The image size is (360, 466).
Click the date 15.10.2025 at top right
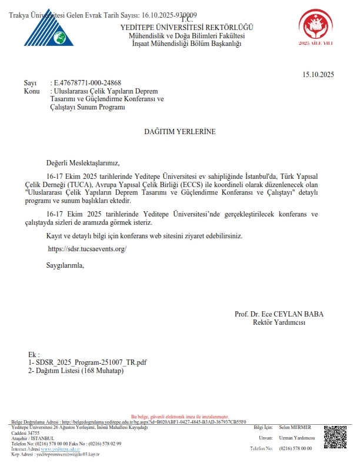pos(318,75)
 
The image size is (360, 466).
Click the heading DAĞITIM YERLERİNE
pos(180,131)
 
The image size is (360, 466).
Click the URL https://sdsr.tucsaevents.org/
pos(87,249)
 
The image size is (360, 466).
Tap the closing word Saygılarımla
pos(65,265)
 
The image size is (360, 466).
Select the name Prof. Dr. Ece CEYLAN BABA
pos(279,314)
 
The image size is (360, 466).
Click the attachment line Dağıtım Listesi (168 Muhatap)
pos(85,371)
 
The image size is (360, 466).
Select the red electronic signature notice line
pos(179,416)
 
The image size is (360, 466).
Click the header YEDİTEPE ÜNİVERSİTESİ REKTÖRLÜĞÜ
pos(186,28)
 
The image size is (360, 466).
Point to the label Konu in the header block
pos(32,91)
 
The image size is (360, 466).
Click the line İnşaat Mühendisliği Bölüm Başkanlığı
pos(186,44)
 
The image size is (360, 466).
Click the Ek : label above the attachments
pos(34,355)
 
